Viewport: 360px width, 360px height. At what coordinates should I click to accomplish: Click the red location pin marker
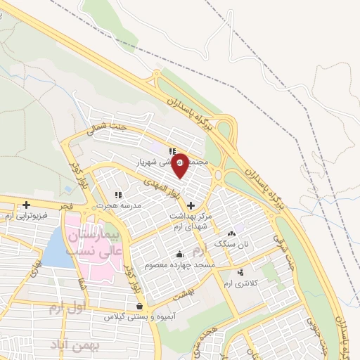tap(181, 166)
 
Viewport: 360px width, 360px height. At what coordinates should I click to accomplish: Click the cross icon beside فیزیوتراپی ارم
tap(27, 205)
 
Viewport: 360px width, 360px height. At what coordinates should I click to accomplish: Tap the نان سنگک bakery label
tap(232, 243)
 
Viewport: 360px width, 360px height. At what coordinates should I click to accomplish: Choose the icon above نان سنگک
tap(232, 233)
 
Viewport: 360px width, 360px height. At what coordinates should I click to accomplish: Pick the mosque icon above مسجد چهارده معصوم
tap(181, 254)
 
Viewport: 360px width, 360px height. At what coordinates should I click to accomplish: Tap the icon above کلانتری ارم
tap(241, 272)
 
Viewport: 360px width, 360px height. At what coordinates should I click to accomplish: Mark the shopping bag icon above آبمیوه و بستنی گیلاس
tap(141, 307)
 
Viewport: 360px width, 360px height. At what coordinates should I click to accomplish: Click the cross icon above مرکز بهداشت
tap(191, 205)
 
